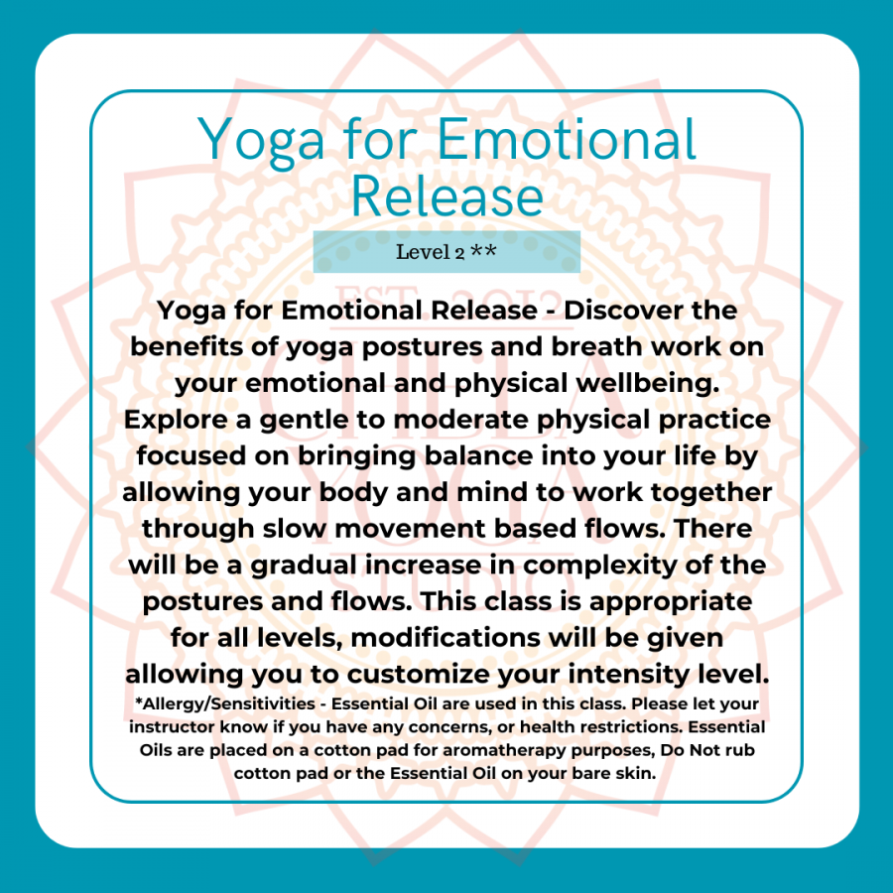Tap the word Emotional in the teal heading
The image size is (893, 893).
[568, 139]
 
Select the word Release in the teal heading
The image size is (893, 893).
[447, 196]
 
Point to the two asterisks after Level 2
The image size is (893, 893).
[483, 250]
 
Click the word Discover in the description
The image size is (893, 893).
[623, 311]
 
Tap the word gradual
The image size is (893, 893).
[304, 565]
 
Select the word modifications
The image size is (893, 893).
[446, 638]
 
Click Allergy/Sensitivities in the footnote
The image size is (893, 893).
[225, 703]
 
